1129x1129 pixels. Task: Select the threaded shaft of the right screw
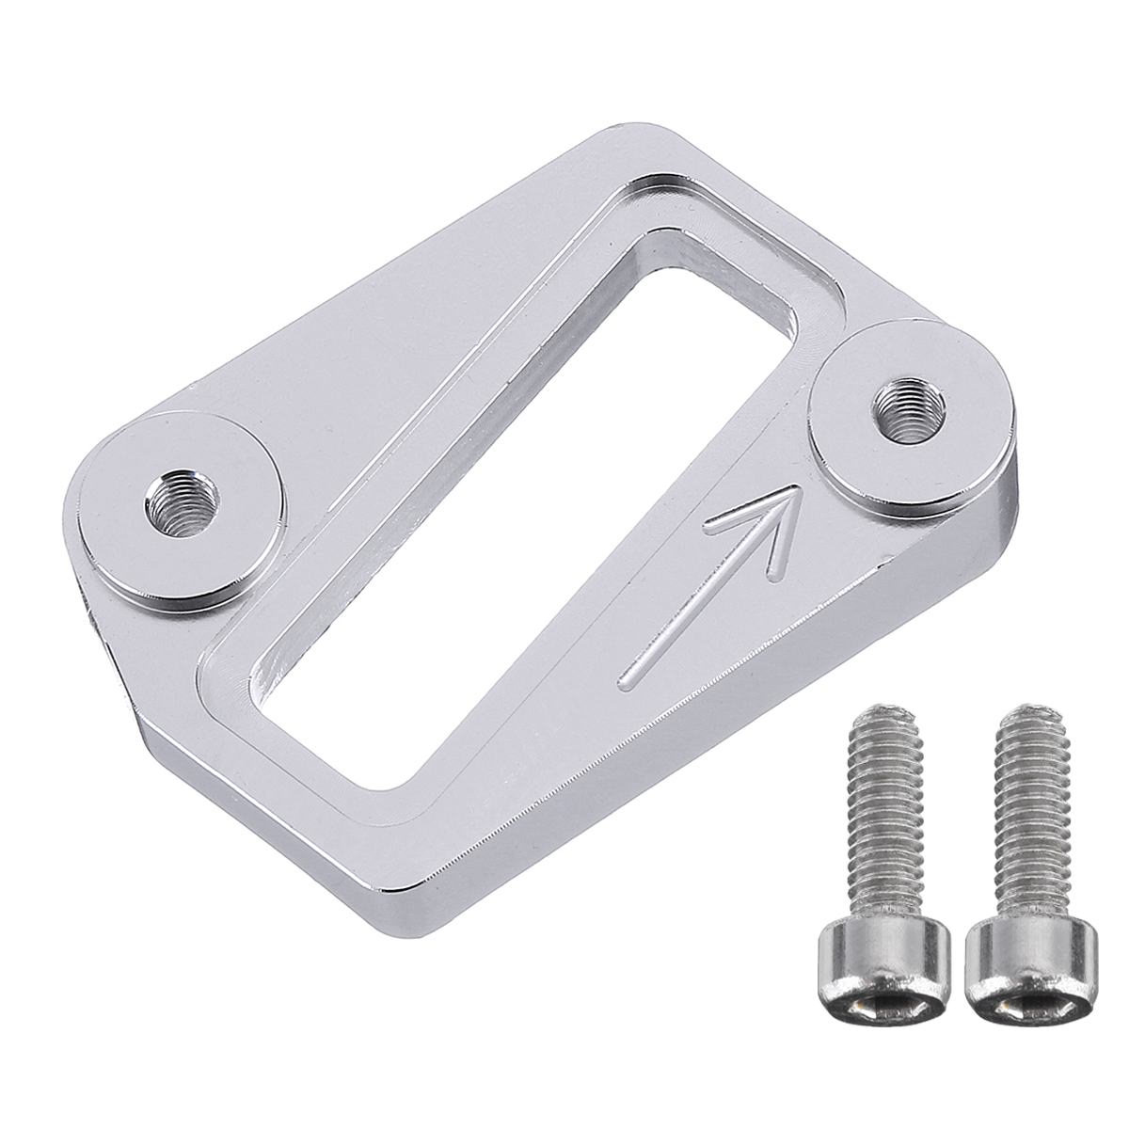pos(1009,828)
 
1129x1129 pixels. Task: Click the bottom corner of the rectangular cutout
pos(381,781)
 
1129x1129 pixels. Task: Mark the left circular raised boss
pos(179,513)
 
